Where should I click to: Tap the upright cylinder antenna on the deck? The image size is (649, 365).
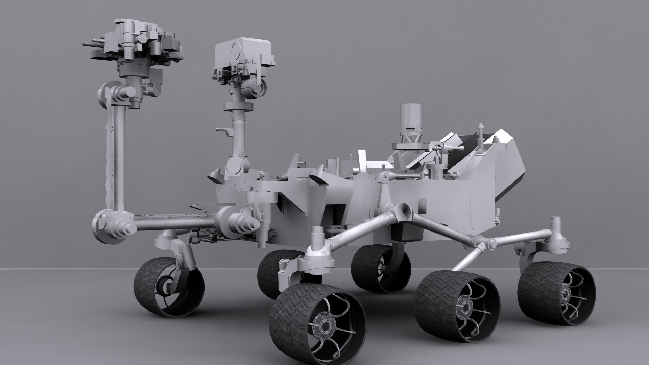click(410, 118)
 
